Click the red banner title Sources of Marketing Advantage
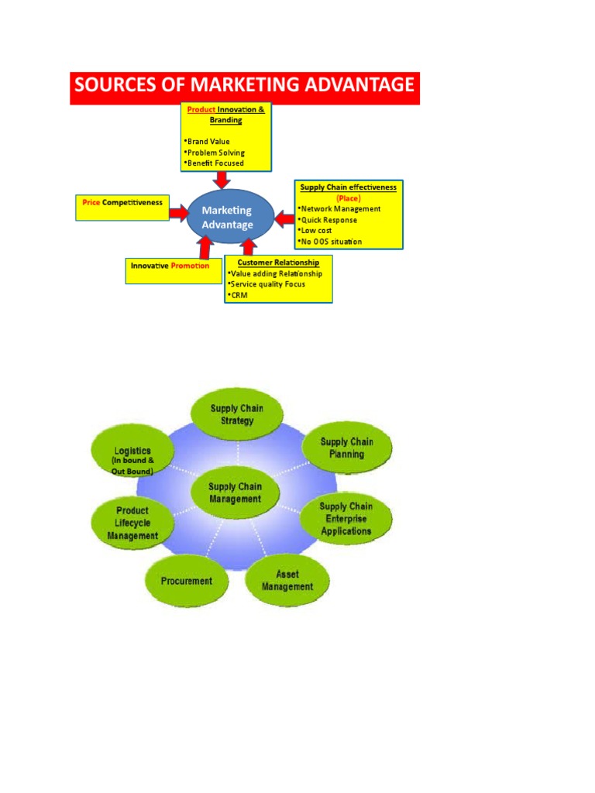pyautogui.click(x=245, y=86)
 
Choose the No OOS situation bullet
pyautogui.click(x=331, y=242)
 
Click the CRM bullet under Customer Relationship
pyautogui.click(x=239, y=295)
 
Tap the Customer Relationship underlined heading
pyautogui.click(x=277, y=263)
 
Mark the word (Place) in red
pyautogui.click(x=348, y=198)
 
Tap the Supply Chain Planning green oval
pyautogui.click(x=346, y=448)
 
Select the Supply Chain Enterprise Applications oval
pyautogui.click(x=346, y=519)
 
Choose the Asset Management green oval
pyautogui.click(x=287, y=580)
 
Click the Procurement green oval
pyautogui.click(x=187, y=580)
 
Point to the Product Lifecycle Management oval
pyautogui.click(x=132, y=523)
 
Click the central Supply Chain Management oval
pyautogui.click(x=235, y=493)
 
